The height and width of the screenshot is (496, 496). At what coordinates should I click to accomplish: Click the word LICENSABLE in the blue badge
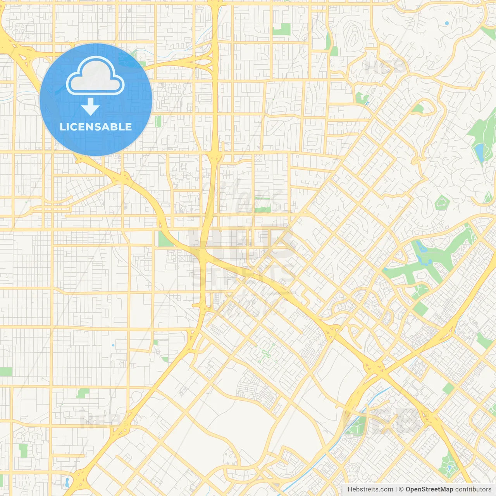(x=96, y=127)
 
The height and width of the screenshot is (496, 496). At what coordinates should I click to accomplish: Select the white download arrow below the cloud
(x=90, y=107)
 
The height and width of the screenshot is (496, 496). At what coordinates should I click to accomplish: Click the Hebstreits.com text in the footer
(x=370, y=489)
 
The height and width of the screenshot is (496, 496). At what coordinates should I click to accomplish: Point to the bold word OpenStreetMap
(x=429, y=489)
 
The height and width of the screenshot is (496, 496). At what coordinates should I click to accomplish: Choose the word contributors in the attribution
(x=473, y=489)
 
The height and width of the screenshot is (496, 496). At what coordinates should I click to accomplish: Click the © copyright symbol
(x=401, y=489)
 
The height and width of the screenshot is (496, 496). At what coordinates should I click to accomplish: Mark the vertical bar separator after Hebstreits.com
(x=396, y=489)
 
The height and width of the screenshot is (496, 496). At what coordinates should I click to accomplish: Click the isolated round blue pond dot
(x=447, y=23)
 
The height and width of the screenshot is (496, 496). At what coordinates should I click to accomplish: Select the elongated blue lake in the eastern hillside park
(x=479, y=152)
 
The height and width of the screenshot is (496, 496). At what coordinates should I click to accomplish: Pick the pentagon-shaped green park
(x=442, y=203)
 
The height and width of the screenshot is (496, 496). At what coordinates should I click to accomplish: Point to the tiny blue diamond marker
(x=113, y=345)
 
